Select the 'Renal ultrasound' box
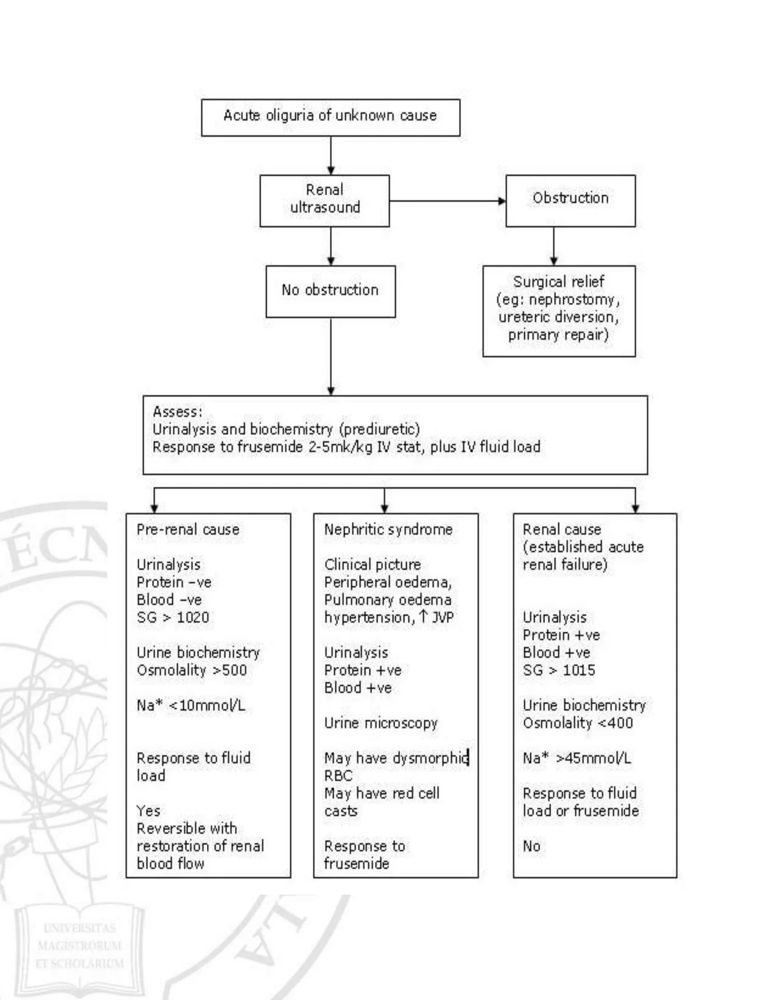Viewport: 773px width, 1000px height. coord(325,200)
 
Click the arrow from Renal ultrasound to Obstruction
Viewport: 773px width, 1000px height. coord(447,201)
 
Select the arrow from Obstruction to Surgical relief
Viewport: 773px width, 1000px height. coord(554,246)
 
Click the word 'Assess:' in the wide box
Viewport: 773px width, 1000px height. coord(178,412)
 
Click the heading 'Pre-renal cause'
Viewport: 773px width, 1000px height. coord(188,530)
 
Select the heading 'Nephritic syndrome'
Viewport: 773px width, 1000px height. coord(388,530)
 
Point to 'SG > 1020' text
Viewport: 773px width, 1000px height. coord(172,617)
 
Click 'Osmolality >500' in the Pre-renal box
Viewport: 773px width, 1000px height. coord(191,670)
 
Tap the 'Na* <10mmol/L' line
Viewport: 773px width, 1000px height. coord(191,705)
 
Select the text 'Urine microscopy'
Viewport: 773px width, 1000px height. coord(380,723)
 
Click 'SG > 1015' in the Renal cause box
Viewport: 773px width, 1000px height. coord(559,670)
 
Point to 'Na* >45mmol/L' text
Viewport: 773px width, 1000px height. coord(577,758)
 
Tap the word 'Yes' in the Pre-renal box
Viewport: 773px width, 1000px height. coord(148,811)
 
